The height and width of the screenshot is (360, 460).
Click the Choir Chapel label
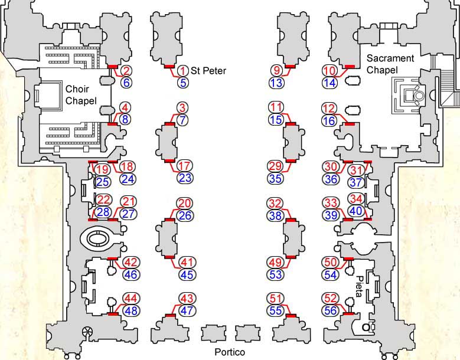81,95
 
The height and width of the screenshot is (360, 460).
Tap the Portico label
230,352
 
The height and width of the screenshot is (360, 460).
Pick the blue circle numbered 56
331,310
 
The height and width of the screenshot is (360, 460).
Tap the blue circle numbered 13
276,83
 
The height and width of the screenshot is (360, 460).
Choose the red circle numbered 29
276,166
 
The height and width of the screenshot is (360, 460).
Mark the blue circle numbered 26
185,215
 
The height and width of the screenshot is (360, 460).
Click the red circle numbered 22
103,200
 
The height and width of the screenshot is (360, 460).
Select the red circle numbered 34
356,199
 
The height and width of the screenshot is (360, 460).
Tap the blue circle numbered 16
329,120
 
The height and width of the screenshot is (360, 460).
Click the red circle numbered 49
276,262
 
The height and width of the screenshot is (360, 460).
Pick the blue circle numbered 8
126,120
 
